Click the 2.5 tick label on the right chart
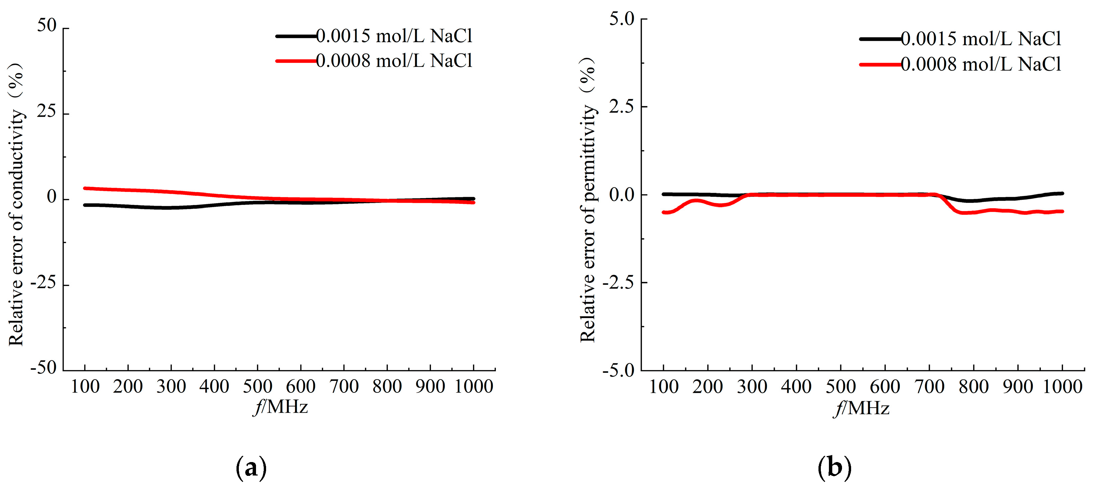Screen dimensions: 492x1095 [x=621, y=106]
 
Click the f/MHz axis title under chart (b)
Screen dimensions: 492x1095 [x=861, y=408]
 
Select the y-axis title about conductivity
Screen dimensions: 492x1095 [x=16, y=204]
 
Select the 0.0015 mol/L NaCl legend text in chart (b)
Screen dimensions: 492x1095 [x=981, y=39]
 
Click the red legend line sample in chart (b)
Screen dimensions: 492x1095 [x=880, y=65]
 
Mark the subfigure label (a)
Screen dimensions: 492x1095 [x=251, y=468]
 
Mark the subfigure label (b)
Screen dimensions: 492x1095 [x=834, y=468]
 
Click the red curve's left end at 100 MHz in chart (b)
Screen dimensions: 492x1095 [x=664, y=212]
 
